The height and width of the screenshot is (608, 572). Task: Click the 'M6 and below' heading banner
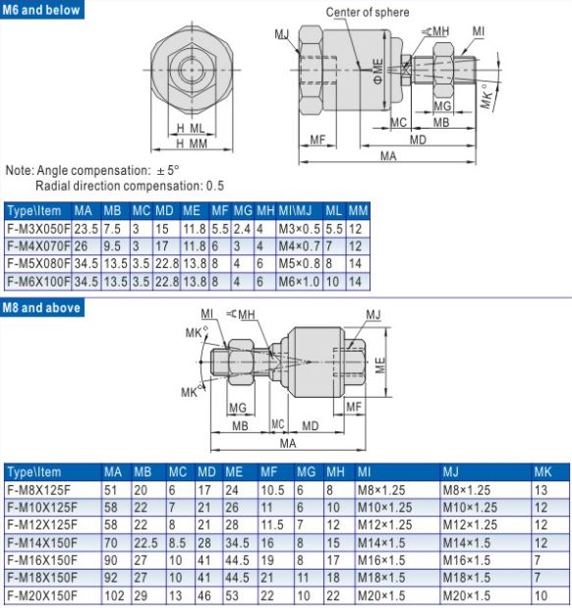point(42,10)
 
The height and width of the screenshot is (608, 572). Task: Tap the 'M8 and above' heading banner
point(42,307)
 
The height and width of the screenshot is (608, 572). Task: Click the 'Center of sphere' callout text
point(368,13)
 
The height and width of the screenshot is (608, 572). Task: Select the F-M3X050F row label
point(38,229)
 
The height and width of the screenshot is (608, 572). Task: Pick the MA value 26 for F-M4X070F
point(82,247)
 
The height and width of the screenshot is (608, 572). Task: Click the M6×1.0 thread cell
point(299,282)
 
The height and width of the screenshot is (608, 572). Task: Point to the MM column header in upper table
point(358,211)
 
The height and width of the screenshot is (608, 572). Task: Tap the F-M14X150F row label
point(42,542)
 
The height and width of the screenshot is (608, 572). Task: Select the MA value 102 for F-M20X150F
point(114,595)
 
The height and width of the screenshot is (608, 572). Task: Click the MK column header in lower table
point(543,471)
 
